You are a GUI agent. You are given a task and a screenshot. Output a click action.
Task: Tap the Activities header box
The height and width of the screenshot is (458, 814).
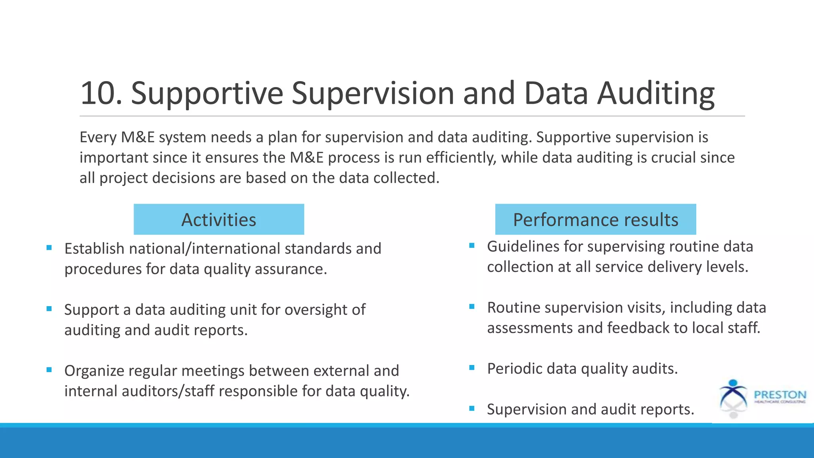(x=219, y=219)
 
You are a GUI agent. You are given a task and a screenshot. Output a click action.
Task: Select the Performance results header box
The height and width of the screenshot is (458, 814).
(x=595, y=219)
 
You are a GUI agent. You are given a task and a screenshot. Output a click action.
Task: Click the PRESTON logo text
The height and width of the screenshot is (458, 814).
(x=780, y=395)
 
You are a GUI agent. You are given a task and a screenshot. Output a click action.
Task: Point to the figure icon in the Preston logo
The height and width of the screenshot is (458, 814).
(x=733, y=398)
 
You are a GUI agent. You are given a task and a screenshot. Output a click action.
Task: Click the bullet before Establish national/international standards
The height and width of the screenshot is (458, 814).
(x=49, y=248)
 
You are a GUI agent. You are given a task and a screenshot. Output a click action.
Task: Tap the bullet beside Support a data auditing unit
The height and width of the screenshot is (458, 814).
(x=49, y=309)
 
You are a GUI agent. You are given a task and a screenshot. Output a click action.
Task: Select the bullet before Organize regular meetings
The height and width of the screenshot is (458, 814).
(x=49, y=370)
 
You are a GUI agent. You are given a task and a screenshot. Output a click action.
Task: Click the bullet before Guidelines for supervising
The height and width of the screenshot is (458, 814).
(x=472, y=246)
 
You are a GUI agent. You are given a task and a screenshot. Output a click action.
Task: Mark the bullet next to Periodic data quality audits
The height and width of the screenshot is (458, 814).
(x=472, y=368)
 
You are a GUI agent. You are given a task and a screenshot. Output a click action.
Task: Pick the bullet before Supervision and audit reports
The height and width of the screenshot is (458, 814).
(x=472, y=408)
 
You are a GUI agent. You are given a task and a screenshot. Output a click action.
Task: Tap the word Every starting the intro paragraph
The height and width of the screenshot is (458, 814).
(x=98, y=137)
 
